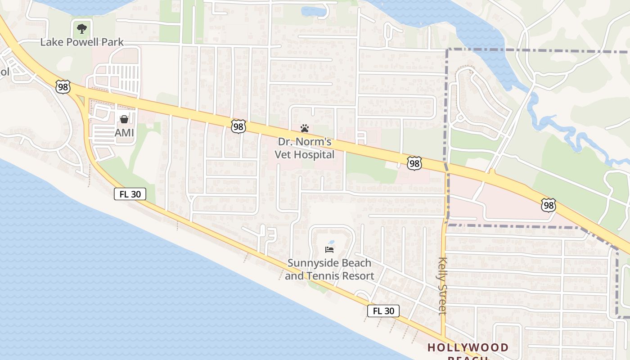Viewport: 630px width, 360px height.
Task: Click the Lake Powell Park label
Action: point(82,42)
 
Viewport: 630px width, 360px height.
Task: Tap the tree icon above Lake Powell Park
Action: point(81,29)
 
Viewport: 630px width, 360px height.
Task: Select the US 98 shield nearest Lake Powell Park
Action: point(63,86)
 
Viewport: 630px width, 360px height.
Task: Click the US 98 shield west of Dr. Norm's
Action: point(238,126)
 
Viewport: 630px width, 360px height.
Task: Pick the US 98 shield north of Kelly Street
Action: point(414,163)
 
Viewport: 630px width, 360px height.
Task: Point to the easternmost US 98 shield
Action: point(548,206)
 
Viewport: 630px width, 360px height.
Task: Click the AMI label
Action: point(124,133)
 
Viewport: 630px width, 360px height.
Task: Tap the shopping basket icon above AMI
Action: point(124,119)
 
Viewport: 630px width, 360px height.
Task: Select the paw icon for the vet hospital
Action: point(305,128)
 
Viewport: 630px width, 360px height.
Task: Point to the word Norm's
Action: point(316,142)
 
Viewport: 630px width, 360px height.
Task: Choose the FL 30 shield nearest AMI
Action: point(130,194)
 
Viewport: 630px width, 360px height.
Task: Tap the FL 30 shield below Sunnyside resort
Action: point(383,310)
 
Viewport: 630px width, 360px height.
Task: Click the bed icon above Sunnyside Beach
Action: point(329,249)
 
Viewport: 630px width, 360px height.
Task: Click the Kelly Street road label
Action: point(442,286)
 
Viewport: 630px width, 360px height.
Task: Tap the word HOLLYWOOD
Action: point(468,347)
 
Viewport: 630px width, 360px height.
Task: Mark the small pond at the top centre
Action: point(314,11)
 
